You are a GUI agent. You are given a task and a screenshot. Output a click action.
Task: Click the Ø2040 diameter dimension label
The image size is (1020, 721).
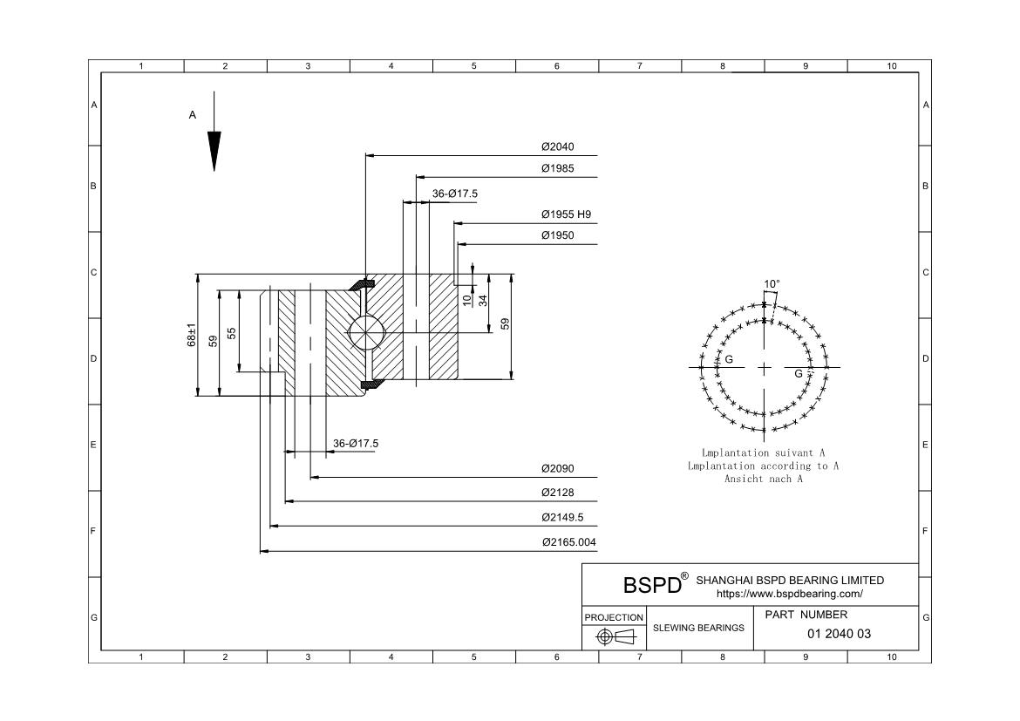coord(558,147)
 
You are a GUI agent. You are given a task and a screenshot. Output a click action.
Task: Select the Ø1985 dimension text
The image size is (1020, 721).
coord(558,169)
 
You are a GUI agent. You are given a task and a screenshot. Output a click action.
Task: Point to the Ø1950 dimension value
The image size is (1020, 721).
coord(558,236)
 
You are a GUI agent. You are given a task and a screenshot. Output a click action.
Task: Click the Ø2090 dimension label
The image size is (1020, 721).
coord(558,469)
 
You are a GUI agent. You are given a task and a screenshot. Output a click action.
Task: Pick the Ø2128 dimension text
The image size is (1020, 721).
coord(558,493)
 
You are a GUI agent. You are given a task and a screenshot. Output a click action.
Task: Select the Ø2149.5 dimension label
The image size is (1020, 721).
coord(562,518)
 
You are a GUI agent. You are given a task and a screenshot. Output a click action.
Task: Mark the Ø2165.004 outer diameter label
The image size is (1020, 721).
coord(568,542)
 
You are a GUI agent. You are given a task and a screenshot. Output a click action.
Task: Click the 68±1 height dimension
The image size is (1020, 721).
coord(192,336)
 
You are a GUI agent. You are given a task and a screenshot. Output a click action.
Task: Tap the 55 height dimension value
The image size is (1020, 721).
coord(232,334)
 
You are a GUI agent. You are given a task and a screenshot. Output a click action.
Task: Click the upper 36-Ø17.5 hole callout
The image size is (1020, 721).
coord(455,194)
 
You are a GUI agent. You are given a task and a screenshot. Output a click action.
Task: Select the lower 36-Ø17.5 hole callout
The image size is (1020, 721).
coord(356,444)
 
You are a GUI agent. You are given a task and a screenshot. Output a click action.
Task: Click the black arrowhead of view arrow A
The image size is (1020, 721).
coord(214,151)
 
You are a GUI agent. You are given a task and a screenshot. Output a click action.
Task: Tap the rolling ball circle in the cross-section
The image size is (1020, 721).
coord(364,332)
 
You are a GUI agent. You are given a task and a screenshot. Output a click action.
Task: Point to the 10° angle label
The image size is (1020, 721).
coord(772,284)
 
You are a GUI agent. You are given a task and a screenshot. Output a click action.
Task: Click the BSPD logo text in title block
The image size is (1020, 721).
coord(651,585)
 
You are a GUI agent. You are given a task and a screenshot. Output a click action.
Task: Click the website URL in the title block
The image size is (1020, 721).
coord(790,594)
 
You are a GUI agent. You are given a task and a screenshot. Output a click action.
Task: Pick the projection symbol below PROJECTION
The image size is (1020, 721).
coord(615,637)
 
